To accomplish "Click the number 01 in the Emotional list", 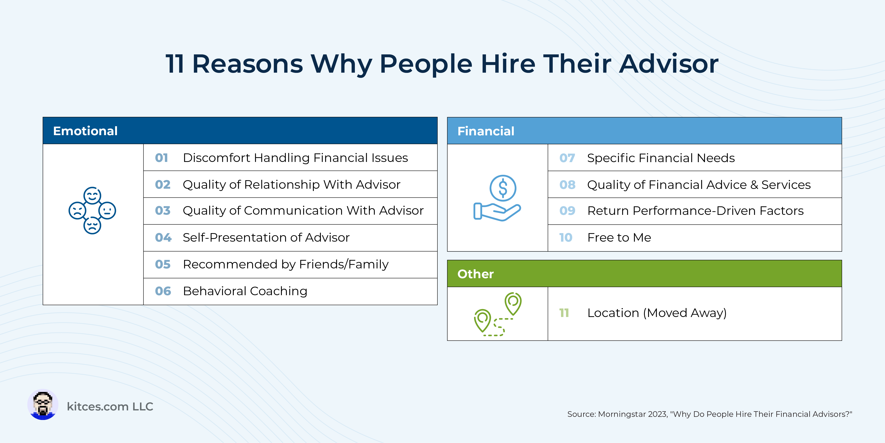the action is [x=162, y=158].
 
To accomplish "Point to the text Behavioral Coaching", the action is [x=245, y=291].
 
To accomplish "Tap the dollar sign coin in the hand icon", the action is [x=503, y=188].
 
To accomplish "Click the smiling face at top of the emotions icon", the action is [x=93, y=196].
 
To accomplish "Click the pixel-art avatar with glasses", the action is [x=43, y=404].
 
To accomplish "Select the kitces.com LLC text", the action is [x=110, y=406].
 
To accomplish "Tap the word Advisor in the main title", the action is [x=668, y=64].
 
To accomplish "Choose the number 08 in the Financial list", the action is [x=567, y=185].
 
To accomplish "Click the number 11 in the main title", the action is [x=174, y=64].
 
